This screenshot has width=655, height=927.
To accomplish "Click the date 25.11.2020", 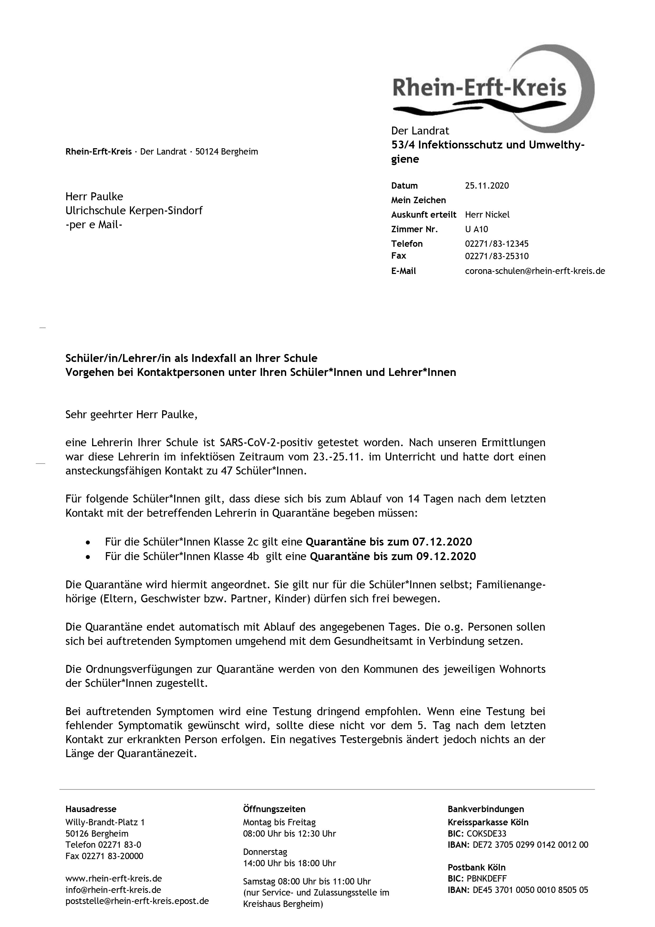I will point(487,186).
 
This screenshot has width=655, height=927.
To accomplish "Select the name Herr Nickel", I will point(487,215).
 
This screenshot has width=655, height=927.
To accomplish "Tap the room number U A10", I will point(476,229).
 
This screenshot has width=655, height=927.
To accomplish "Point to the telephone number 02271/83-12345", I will point(496,244).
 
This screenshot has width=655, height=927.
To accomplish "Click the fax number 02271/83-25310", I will point(496,256).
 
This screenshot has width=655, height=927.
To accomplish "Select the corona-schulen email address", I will point(535,271).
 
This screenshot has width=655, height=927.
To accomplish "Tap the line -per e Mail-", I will point(94,225).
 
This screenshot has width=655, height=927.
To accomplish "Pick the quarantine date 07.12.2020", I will point(442,542).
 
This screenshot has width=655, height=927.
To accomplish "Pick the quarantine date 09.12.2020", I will point(446,556).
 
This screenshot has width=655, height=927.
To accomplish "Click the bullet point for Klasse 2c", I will point(88,542).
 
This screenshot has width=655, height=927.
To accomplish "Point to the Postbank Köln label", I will point(477,867).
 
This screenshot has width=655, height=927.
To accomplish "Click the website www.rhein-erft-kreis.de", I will point(114,879).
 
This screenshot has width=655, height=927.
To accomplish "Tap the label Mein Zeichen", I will point(418,200).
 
